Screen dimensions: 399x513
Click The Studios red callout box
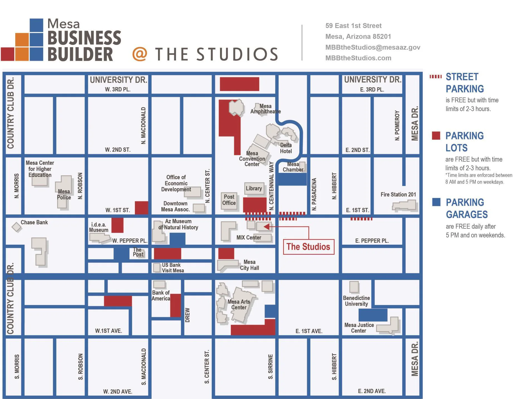[x=309, y=247]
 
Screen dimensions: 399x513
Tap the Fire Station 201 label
[x=398, y=194]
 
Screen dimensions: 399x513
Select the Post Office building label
[x=229, y=200]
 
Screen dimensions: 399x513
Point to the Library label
[x=254, y=188]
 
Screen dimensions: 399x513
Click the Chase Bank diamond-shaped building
[x=17, y=227]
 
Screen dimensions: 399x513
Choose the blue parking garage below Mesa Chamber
[x=292, y=179]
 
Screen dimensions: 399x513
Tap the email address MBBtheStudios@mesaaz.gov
[x=373, y=47]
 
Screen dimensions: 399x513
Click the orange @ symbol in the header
[x=140, y=54]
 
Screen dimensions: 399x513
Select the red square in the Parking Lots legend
[x=436, y=135]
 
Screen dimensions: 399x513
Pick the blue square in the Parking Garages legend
[x=436, y=202]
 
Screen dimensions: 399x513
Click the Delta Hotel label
[x=286, y=148]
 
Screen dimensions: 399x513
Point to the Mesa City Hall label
[x=250, y=265]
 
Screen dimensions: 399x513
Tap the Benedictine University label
[x=356, y=301]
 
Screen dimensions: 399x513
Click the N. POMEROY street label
[x=397, y=125]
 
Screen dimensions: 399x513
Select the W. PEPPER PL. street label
[x=130, y=241]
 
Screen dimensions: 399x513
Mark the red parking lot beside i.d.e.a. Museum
[x=117, y=225]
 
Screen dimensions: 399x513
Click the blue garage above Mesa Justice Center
[x=373, y=315]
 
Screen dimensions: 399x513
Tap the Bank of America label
[x=161, y=296]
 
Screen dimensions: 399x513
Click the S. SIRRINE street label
[x=270, y=366]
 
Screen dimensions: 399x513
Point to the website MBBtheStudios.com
[x=358, y=58]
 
